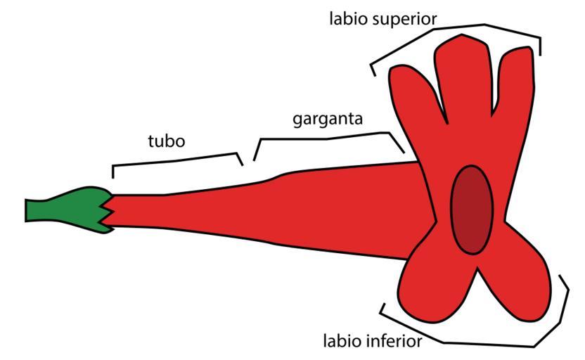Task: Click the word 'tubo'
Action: coord(166,141)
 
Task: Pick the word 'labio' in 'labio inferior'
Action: coord(342,342)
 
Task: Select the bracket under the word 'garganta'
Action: coord(323,136)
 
